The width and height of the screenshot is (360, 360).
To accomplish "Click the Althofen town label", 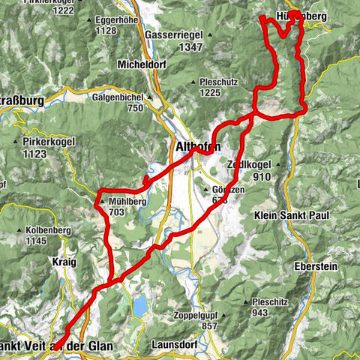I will [x=196, y=147].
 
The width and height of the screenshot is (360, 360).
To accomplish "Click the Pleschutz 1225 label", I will [x=218, y=82].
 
